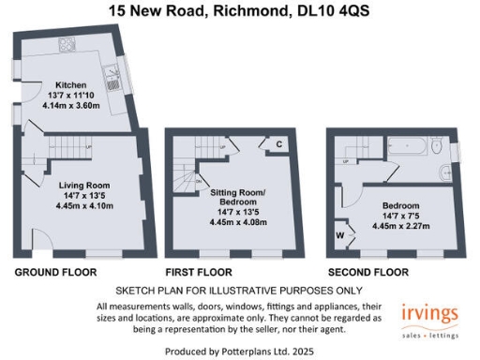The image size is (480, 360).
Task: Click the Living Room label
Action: (x=78, y=185)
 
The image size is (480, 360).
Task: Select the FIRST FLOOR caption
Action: (x=199, y=273)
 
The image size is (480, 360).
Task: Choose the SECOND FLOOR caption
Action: (x=368, y=273)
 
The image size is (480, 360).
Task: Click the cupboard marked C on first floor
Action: (x=279, y=143)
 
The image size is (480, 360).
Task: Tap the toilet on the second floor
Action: (x=437, y=147)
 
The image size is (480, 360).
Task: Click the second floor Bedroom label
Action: (x=400, y=205)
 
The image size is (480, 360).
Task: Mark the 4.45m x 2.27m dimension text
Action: (x=400, y=226)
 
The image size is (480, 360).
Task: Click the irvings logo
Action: (x=429, y=312)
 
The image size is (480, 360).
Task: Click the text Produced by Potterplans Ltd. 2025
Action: (x=239, y=349)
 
